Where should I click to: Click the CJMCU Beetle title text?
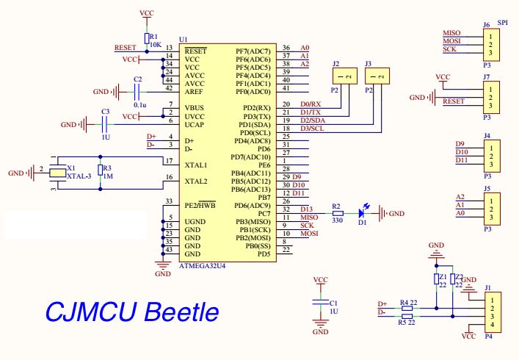(x=132, y=312)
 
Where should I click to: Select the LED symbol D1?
(x=362, y=214)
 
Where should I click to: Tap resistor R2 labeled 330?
(x=338, y=214)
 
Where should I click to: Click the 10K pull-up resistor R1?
(x=147, y=38)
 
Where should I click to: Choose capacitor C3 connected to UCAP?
(x=105, y=124)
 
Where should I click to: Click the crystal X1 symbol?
(x=57, y=173)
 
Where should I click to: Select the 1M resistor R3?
(x=101, y=170)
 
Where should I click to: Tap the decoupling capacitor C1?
(x=320, y=302)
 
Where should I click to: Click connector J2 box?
(x=345, y=76)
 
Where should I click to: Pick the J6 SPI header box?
(x=491, y=45)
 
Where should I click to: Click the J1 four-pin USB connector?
(x=493, y=312)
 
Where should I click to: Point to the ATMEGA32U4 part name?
(x=202, y=266)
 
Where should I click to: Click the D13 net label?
(x=307, y=209)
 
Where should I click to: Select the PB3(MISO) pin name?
(x=253, y=222)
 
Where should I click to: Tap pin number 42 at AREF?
(x=169, y=88)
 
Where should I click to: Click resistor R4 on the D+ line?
(x=407, y=308)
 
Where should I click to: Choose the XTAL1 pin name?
(x=196, y=165)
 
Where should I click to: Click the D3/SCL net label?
(x=312, y=129)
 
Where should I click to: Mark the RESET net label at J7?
(x=454, y=101)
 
